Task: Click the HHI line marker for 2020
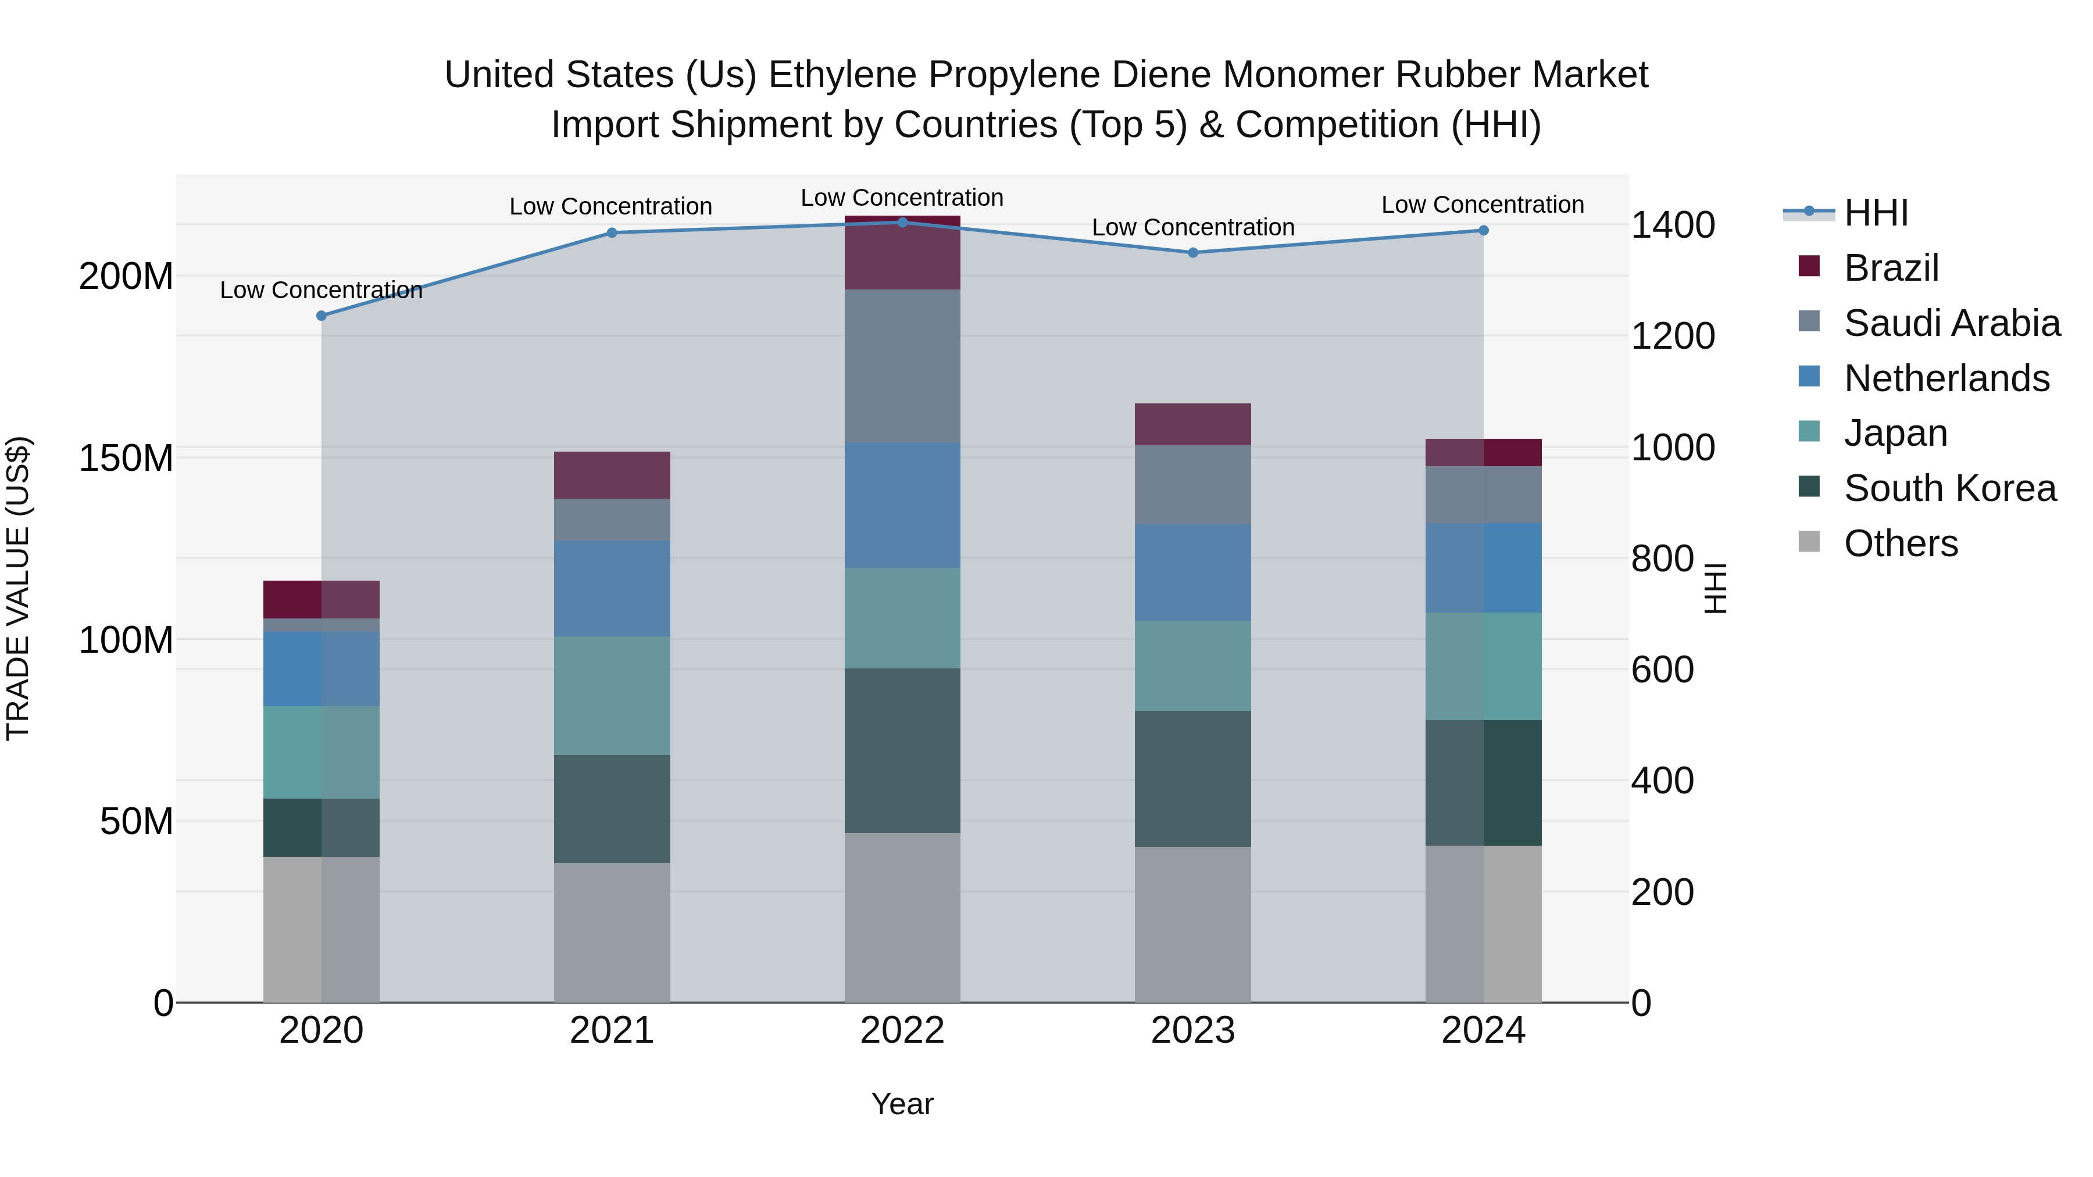(x=321, y=316)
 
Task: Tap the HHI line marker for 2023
(x=1193, y=253)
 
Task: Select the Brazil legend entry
(x=1891, y=268)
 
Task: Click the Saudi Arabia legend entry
(x=1952, y=323)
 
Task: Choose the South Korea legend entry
(x=1949, y=488)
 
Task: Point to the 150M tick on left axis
(x=126, y=458)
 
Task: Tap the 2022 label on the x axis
(x=902, y=1031)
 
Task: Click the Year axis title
(x=902, y=1104)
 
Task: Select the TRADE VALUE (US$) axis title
(x=18, y=588)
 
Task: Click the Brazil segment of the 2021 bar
(x=612, y=475)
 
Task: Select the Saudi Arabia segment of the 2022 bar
(x=902, y=366)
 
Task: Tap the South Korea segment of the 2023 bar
(x=1193, y=778)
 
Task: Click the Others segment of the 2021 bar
(x=612, y=932)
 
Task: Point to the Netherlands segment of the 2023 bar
(x=1193, y=572)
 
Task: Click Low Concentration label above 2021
(x=610, y=206)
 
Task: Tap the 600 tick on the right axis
(x=1662, y=670)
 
